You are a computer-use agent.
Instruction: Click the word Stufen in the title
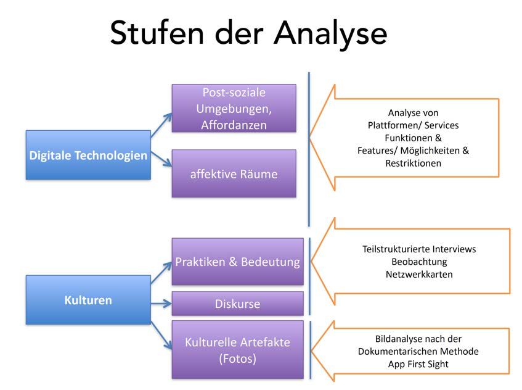tap(157, 33)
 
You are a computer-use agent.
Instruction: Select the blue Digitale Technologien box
tap(88, 155)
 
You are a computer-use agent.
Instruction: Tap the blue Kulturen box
tap(88, 300)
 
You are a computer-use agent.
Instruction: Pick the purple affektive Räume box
tap(234, 173)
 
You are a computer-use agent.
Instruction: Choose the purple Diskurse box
tap(238, 304)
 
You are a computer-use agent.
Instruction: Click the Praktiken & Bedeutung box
tap(238, 262)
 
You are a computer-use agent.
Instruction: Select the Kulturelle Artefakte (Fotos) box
tap(238, 350)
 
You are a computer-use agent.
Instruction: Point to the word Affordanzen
tap(234, 125)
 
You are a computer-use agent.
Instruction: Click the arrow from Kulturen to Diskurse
tap(161, 304)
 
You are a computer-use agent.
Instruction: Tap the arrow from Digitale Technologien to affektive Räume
tap(161, 159)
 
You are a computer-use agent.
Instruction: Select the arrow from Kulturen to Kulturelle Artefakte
tap(161, 336)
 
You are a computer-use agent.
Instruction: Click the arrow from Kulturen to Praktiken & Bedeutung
tap(161, 273)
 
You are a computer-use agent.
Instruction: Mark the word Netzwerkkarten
tap(419, 275)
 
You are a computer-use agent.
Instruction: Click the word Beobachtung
tap(419, 262)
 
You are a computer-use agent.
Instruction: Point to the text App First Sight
tap(418, 364)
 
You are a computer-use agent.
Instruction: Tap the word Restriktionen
tap(413, 164)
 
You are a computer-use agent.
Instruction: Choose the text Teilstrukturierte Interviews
tap(419, 249)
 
